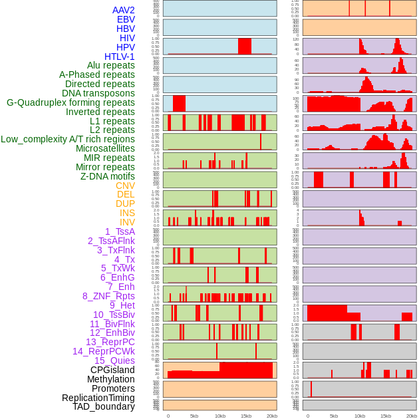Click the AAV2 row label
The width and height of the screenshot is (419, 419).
click(x=124, y=10)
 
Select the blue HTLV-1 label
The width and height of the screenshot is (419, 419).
click(x=120, y=57)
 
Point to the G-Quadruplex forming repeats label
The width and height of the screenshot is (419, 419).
click(x=70, y=102)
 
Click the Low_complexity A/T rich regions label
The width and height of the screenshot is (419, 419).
click(x=68, y=139)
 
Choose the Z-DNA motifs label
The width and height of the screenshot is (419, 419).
click(x=108, y=176)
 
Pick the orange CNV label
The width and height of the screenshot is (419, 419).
click(x=125, y=186)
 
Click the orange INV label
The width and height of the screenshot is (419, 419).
click(x=127, y=222)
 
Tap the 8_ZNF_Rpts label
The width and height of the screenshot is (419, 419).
click(x=108, y=296)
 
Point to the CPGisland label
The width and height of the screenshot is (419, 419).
click(x=112, y=370)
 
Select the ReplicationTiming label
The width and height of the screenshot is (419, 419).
click(x=98, y=398)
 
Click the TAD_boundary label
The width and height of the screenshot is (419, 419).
click(x=104, y=406)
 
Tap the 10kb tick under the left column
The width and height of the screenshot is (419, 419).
click(x=219, y=416)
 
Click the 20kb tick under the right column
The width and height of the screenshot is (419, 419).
click(x=412, y=416)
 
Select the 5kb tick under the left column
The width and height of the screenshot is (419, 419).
click(x=194, y=416)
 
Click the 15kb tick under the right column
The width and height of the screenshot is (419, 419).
click(x=386, y=416)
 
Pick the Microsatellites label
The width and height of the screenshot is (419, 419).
click(x=105, y=148)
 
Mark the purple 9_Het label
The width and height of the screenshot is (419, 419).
click(x=122, y=305)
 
